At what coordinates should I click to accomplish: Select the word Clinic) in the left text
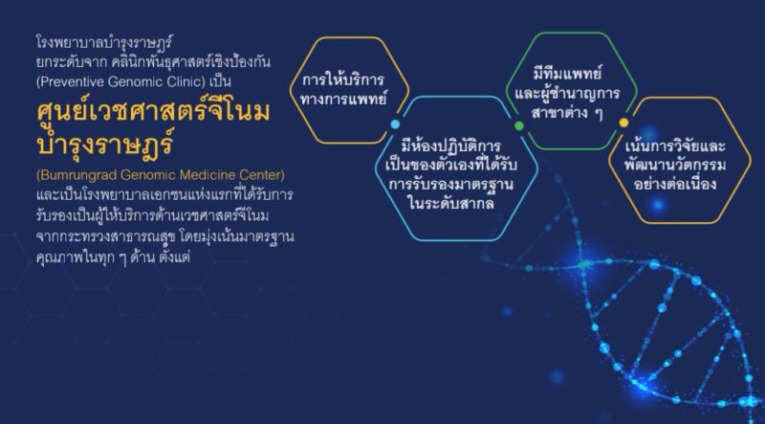[186, 82]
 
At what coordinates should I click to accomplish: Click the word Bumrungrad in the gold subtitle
[77, 175]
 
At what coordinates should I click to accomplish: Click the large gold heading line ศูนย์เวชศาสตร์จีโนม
[153, 112]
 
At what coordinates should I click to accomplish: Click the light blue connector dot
[395, 124]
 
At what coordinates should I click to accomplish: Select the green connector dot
[519, 125]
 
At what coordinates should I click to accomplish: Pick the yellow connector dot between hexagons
[623, 123]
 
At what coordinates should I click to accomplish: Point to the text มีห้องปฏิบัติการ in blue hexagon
[450, 145]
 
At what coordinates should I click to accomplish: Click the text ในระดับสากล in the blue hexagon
[451, 203]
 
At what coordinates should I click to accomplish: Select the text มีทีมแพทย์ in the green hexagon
[567, 74]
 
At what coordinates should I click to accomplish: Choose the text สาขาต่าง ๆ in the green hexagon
[567, 113]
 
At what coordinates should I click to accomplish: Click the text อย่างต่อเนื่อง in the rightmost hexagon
[675, 184]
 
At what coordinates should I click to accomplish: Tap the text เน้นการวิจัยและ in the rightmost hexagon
[675, 145]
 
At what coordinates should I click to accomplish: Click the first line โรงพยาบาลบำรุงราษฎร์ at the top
[105, 43]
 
